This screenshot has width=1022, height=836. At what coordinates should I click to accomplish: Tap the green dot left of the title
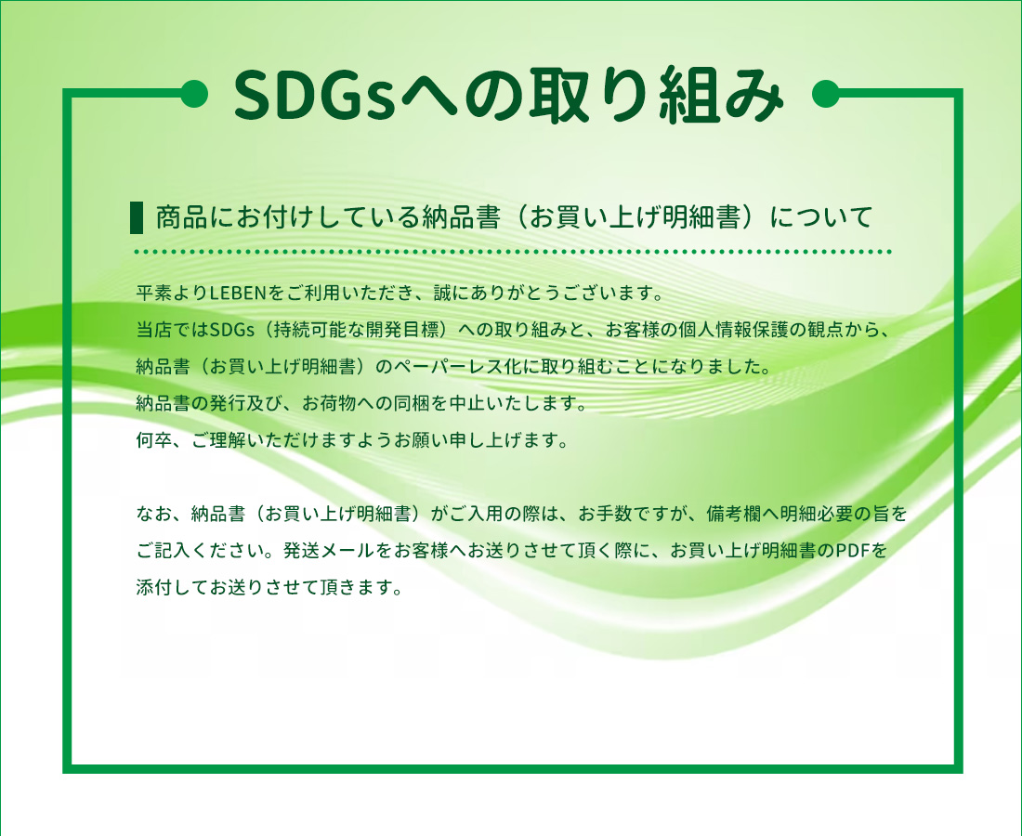[x=193, y=94]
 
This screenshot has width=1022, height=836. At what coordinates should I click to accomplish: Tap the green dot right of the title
[x=826, y=94]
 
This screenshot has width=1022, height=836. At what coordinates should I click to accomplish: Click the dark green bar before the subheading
[x=138, y=217]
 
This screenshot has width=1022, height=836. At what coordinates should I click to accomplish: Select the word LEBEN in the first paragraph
[x=239, y=294]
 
